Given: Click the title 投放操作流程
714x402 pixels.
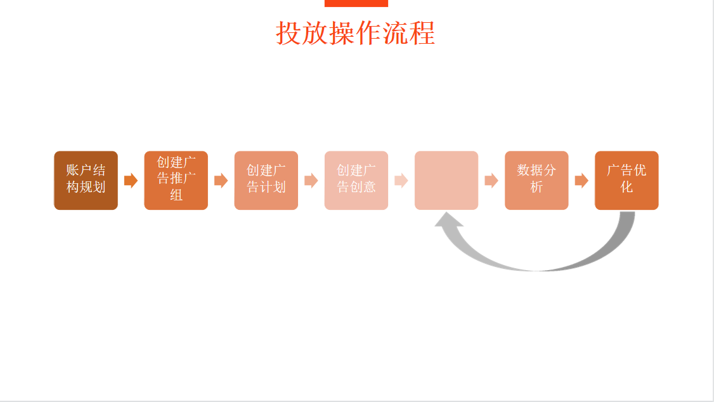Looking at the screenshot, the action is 356,33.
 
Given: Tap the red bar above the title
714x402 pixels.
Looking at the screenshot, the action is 356,3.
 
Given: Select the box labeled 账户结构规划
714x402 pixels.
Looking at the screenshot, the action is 86,180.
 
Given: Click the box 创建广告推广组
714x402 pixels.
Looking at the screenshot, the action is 176,180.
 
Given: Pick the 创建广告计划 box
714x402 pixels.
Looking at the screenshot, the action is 266,180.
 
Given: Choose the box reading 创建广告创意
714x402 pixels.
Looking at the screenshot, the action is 356,180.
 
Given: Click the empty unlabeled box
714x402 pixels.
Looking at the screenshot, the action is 446,180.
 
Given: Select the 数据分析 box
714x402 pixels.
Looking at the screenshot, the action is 536,180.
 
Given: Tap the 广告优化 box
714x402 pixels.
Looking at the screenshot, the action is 626,180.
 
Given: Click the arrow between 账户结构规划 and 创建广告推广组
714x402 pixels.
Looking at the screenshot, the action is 131,181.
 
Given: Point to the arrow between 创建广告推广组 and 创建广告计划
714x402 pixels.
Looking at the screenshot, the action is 221,181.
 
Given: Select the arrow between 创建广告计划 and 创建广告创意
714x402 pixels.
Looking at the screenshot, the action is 311,181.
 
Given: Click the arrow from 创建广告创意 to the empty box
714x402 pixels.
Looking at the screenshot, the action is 401,181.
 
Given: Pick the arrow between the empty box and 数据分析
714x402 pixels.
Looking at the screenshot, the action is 491,181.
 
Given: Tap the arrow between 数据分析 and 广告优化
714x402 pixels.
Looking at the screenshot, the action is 581,181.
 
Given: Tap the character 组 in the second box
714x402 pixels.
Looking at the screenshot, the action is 176,195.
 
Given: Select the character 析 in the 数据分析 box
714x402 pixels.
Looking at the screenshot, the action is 536,188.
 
